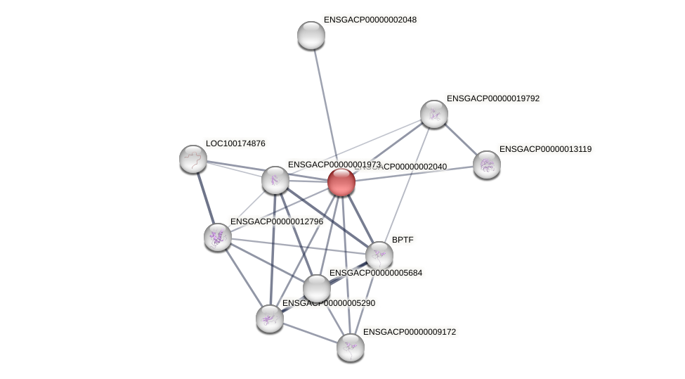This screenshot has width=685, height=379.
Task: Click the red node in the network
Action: pos(341,182)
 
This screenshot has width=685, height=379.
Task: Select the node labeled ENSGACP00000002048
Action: pos(311,35)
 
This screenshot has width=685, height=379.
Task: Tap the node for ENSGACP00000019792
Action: pos(433,114)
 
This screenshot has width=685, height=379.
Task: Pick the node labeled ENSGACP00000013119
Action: pos(486,165)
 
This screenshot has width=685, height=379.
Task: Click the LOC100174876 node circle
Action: pos(193,159)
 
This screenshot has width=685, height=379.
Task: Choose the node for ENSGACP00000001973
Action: pos(275,180)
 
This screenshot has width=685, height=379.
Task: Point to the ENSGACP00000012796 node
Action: pos(218,237)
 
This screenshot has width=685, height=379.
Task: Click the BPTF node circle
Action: pos(379,255)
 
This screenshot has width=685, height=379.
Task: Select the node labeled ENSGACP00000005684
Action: pos(317,287)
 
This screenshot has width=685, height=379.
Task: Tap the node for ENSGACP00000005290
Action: pos(269,319)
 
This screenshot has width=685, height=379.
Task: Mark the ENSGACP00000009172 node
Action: pos(350,347)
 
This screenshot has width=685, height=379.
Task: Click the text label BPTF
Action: pos(403,240)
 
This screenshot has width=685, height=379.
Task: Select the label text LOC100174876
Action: pos(235,143)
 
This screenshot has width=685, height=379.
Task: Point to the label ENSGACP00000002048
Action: pos(370,20)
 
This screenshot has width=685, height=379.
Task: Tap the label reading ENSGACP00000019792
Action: pos(492,98)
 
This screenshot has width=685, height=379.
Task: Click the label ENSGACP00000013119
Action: pos(545,149)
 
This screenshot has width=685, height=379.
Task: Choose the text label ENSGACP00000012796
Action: pos(277,221)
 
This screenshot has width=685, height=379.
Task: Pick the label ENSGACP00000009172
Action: pos(409,332)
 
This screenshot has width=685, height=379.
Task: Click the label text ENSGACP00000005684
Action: pos(376,273)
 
